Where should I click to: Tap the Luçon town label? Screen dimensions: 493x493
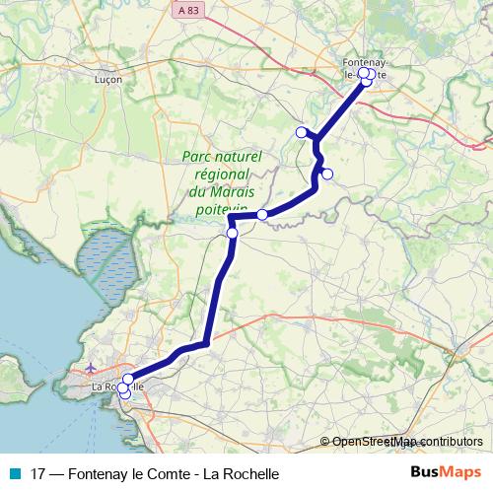[106, 79]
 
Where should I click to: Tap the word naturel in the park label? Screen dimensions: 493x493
[240, 157]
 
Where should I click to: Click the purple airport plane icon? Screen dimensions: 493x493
[92, 369]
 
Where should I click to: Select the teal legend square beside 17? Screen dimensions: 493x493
[14, 472]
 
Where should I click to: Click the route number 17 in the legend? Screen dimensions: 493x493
[38, 472]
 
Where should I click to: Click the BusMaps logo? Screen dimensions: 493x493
[446, 471]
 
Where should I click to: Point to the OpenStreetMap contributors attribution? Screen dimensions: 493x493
[406, 442]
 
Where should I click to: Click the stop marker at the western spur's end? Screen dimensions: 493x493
[301, 132]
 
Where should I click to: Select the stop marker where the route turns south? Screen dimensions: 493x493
[233, 234]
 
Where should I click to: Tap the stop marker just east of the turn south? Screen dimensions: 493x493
[262, 214]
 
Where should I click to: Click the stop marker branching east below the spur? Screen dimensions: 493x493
[327, 175]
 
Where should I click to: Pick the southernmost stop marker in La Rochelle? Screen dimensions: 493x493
[124, 394]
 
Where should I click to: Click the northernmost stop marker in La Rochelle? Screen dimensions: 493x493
[128, 379]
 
